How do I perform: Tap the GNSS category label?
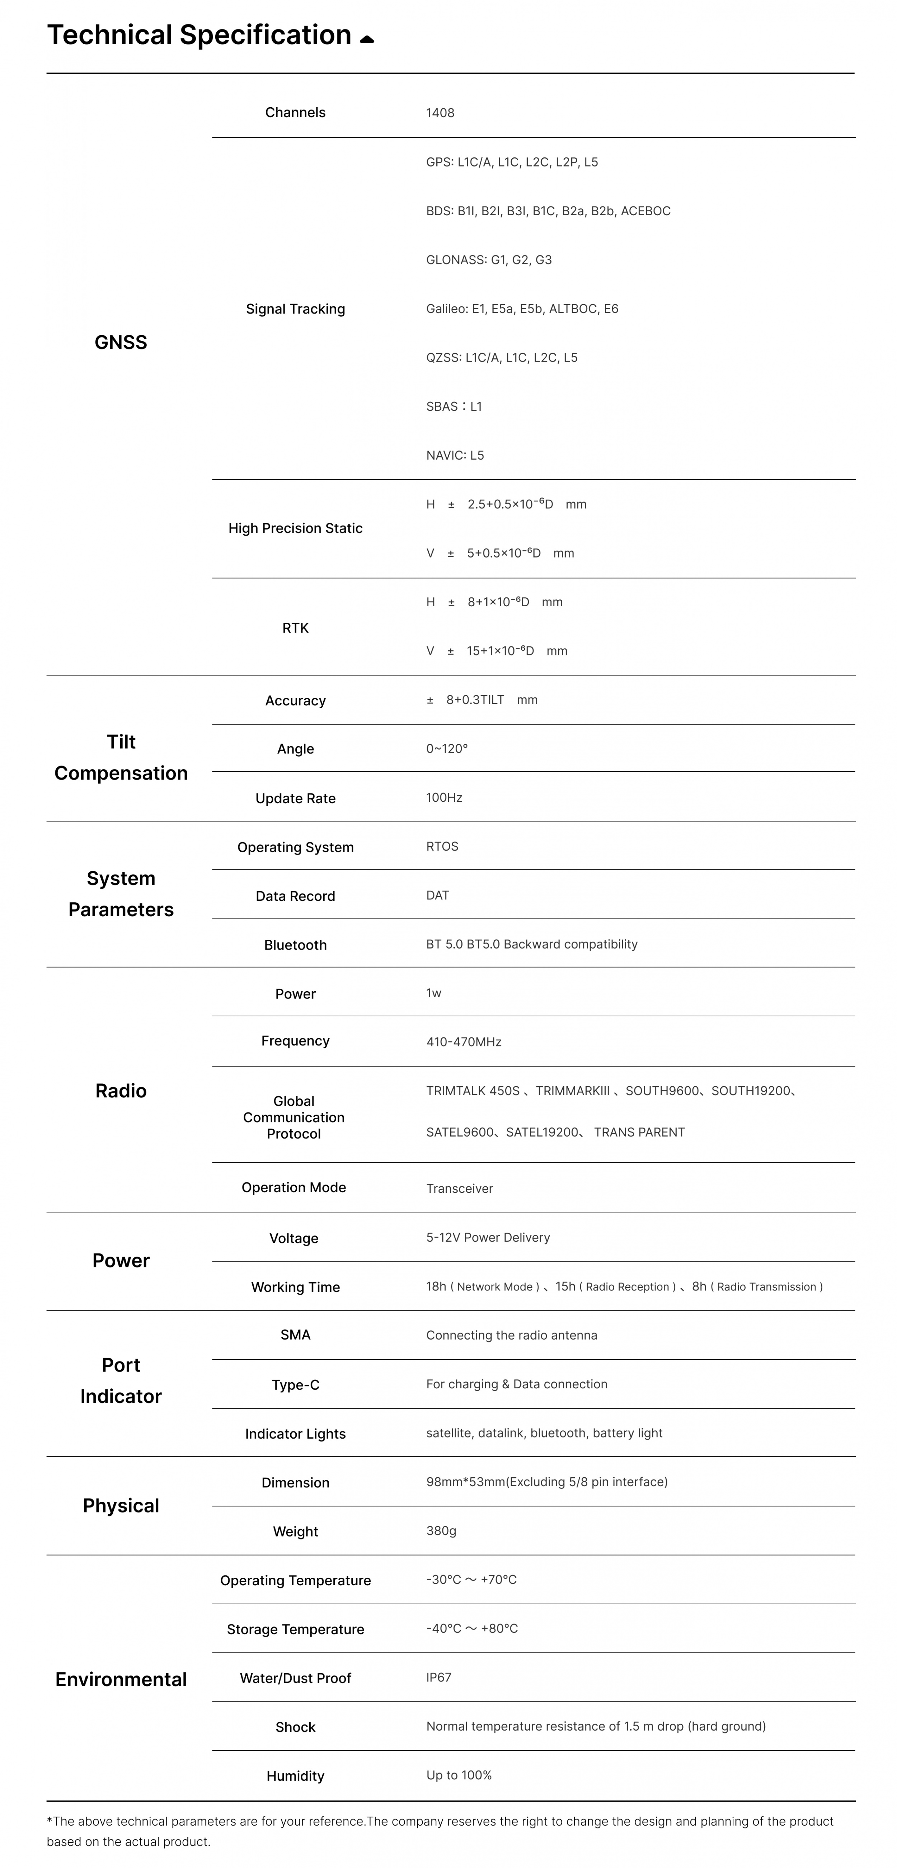(120, 342)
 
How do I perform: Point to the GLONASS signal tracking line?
(489, 260)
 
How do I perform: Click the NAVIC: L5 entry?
(455, 455)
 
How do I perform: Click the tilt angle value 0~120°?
(447, 748)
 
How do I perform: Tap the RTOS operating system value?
(442, 846)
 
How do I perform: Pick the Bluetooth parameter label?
(295, 945)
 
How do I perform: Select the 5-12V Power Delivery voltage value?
(487, 1237)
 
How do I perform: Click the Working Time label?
(295, 1287)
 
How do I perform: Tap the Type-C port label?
(295, 1385)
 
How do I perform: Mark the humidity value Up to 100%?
(458, 1775)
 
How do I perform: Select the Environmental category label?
(120, 1679)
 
